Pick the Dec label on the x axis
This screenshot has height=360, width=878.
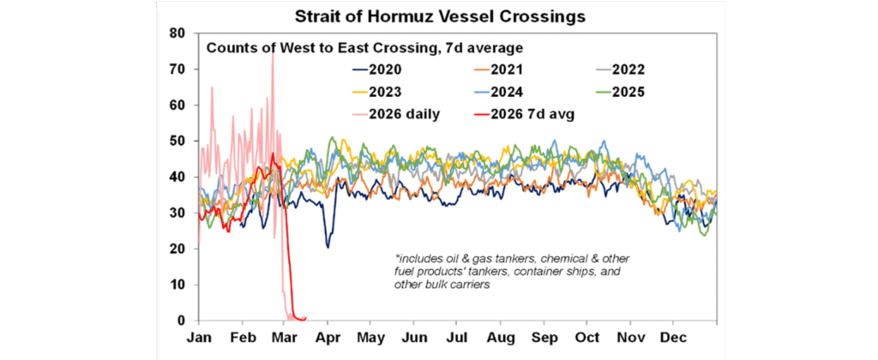click(x=681, y=338)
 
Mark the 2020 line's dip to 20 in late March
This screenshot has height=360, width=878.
click(x=328, y=247)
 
